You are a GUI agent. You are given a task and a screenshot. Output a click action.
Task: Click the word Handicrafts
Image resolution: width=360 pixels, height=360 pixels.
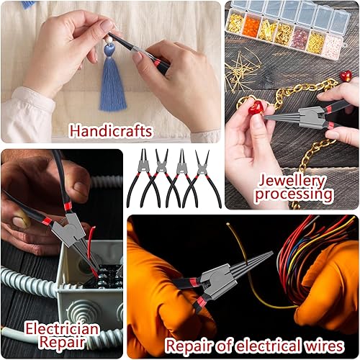111,131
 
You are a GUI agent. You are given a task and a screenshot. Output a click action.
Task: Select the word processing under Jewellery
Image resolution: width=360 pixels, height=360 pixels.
294,194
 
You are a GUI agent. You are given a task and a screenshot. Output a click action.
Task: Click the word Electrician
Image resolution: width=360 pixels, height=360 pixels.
62,328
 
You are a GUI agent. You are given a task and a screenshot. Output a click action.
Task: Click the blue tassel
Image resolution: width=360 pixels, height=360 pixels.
113,81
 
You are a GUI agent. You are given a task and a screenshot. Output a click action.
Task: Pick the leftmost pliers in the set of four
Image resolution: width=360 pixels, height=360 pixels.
143,179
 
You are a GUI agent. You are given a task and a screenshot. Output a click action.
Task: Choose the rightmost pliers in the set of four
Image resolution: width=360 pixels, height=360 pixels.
202,179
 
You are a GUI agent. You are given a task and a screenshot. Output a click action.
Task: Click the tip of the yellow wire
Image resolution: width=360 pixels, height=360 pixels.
228,224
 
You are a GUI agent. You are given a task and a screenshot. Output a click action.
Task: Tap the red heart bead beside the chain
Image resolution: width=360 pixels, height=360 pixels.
346,76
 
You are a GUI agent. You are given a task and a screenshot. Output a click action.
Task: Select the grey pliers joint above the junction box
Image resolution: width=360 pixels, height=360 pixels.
68,230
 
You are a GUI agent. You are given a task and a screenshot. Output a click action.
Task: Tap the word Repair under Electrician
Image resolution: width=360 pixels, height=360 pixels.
63,342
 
